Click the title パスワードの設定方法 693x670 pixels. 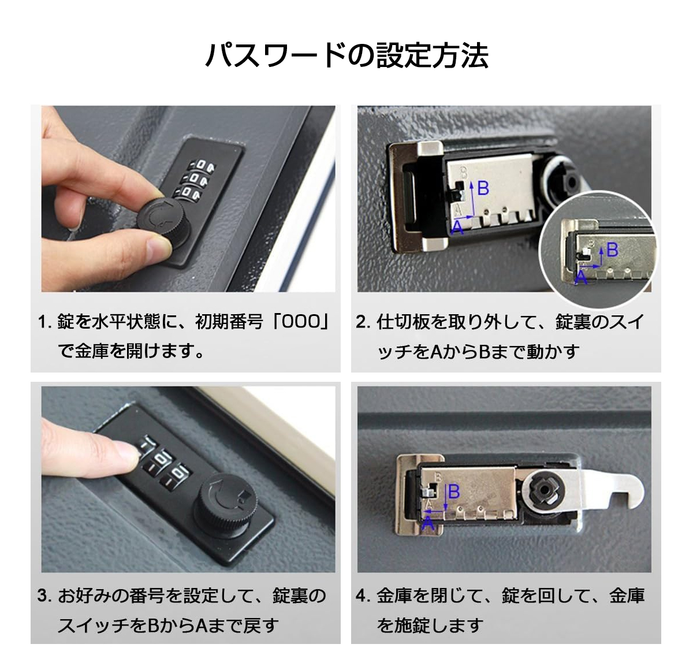tap(346, 55)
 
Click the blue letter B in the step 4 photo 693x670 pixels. tap(454, 492)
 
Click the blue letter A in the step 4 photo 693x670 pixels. tap(428, 523)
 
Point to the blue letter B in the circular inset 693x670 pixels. tap(612, 250)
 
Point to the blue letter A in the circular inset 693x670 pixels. tap(581, 277)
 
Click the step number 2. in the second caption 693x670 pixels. tap(363, 322)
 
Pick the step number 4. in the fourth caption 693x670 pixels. tap(363, 595)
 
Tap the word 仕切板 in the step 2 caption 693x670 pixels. tap(402, 322)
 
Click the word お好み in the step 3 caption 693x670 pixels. tap(84, 595)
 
